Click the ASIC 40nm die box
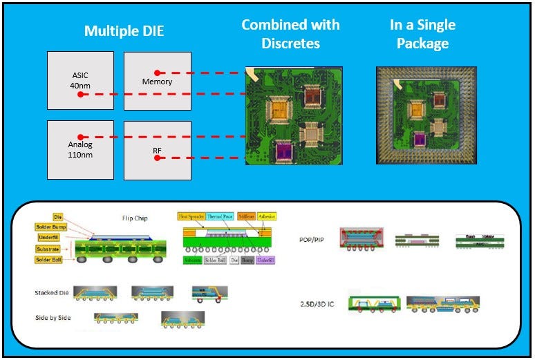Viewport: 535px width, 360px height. click(80, 80)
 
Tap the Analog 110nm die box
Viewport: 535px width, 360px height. click(80, 149)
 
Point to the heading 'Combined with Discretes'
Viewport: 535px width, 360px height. click(290, 34)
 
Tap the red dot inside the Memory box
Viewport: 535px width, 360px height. click(158, 72)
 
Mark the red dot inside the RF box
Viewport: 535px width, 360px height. click(157, 158)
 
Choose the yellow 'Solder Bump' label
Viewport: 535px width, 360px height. click(53, 227)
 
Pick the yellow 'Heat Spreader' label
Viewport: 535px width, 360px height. click(191, 216)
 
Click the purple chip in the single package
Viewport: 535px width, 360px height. click(419, 139)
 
